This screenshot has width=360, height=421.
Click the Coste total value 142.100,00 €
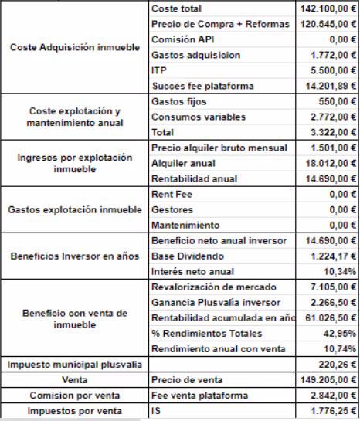tap(328, 8)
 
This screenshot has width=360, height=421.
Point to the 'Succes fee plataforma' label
tap(203, 86)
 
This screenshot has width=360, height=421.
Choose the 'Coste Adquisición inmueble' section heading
tap(75, 47)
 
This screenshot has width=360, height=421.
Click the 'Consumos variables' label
tap(199, 117)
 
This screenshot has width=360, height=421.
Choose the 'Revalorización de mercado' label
tap(214, 287)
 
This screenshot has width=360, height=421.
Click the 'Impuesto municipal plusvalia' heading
tap(74, 364)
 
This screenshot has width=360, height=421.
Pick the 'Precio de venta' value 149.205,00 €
tap(328, 379)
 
